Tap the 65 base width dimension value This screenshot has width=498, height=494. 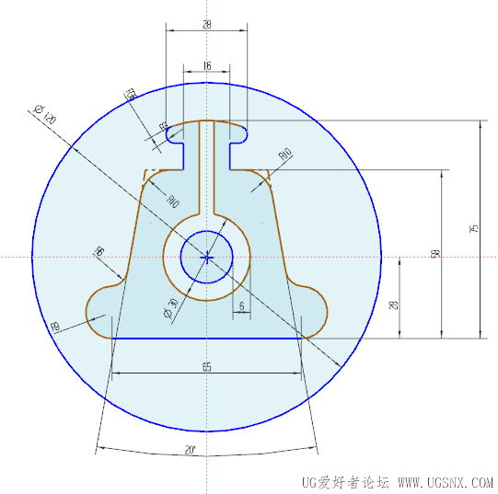click(206, 367)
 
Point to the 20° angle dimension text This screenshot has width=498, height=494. click(190, 451)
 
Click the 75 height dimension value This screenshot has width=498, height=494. click(473, 228)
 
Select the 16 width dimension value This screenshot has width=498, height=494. click(206, 66)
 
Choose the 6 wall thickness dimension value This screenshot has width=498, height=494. click(241, 305)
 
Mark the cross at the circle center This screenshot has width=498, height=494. click(208, 257)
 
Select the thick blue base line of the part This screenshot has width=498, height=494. click(206, 339)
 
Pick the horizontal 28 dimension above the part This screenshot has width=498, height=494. click(206, 26)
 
